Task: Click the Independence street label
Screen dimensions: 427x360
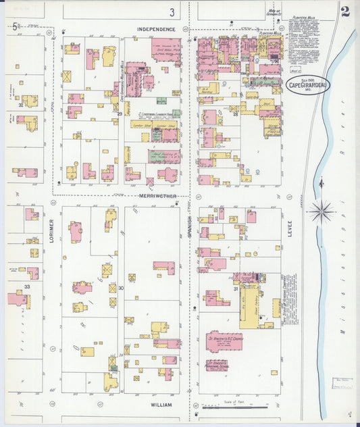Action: click(156, 30)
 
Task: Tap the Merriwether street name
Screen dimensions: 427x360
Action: click(157, 196)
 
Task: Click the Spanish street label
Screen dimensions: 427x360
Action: click(191, 224)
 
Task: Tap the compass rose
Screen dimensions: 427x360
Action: click(322, 211)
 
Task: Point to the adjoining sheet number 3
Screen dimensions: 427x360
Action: click(172, 11)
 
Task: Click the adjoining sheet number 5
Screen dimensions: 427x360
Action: click(15, 26)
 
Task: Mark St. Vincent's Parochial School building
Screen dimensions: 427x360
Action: click(217, 366)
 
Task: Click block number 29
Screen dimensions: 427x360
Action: click(120, 114)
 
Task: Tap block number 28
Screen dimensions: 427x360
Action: click(236, 115)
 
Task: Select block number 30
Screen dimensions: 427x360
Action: click(121, 288)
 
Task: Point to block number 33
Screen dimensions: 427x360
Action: click(27, 287)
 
